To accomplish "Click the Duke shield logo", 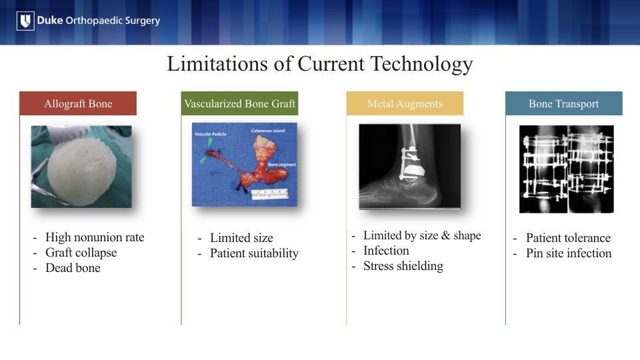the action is click(x=25, y=21).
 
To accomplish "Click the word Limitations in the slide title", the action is click(x=218, y=64).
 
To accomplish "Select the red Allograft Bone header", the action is click(x=78, y=104).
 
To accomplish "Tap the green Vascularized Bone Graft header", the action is click(x=239, y=104).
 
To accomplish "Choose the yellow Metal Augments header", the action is click(x=405, y=104).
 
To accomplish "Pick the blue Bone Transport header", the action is click(x=564, y=104).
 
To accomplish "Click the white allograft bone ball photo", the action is click(x=81, y=167).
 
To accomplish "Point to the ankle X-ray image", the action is click(x=410, y=167).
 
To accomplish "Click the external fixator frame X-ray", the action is click(x=567, y=169).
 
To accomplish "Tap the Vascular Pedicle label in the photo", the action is click(x=210, y=134).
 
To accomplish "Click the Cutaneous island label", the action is click(x=268, y=131).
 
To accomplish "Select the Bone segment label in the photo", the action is click(x=282, y=165).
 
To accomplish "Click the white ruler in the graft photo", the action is click(x=270, y=194).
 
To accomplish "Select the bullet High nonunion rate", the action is click(x=95, y=237).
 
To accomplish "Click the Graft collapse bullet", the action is click(x=81, y=253).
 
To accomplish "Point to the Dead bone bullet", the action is click(x=73, y=268).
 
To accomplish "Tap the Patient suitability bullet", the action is click(x=254, y=253).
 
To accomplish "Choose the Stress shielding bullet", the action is click(x=403, y=266).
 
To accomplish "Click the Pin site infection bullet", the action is click(x=569, y=253).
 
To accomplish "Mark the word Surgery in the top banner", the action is click(x=143, y=21).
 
